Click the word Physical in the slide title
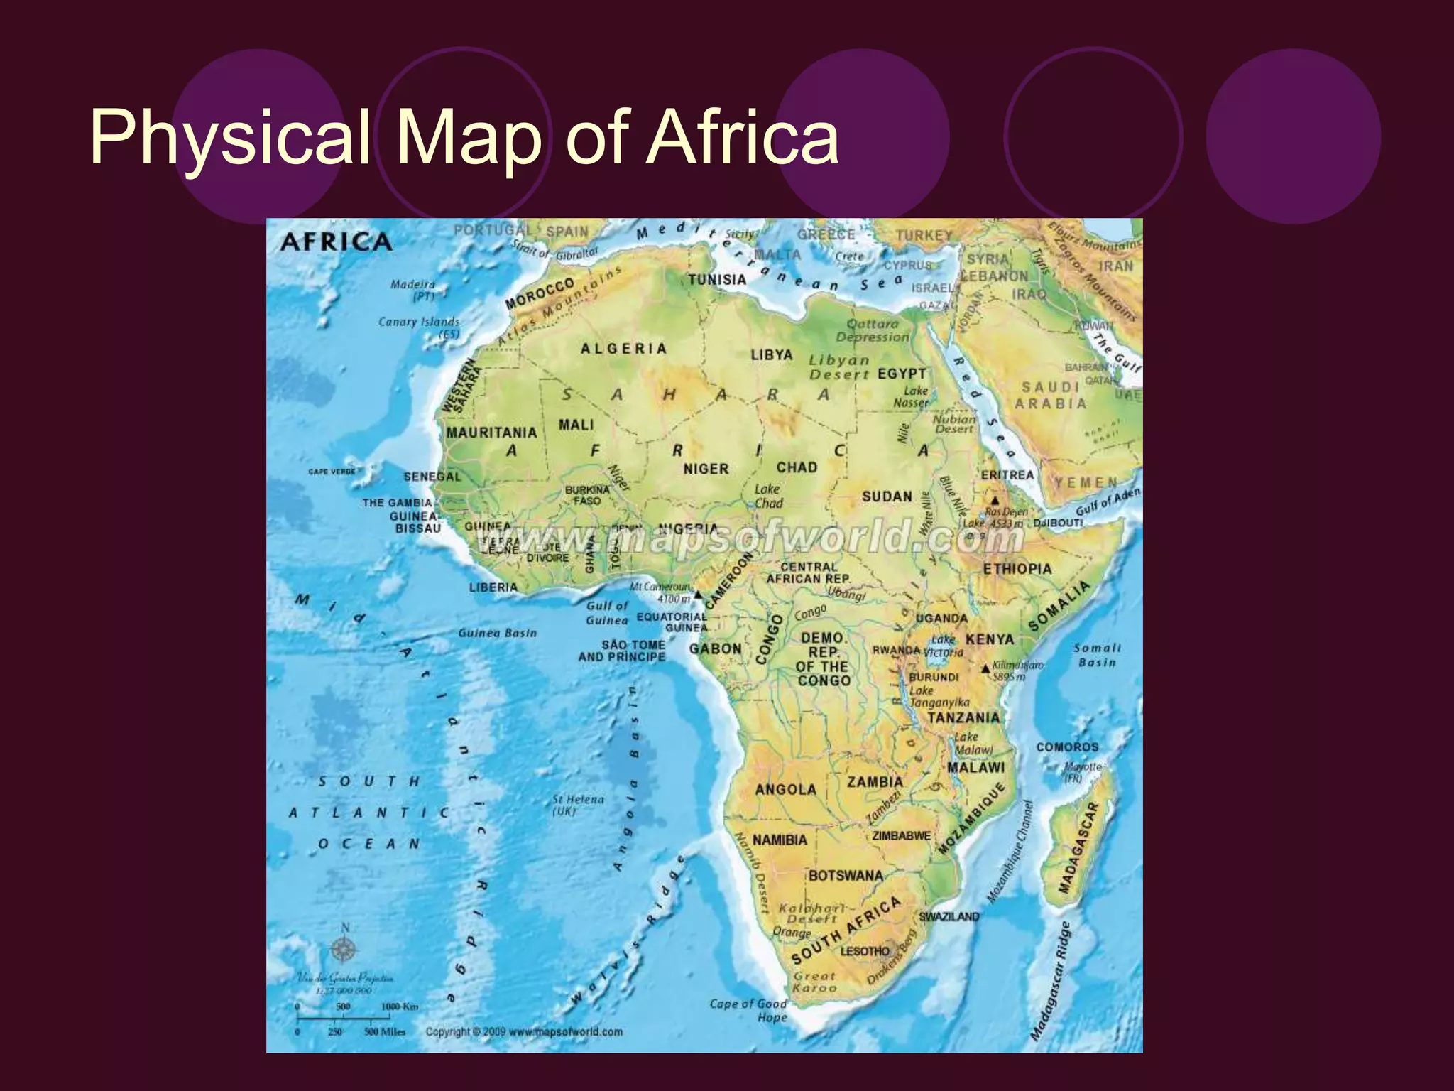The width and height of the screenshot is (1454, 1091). pyautogui.click(x=229, y=136)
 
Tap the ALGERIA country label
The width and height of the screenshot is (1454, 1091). pyautogui.click(x=624, y=349)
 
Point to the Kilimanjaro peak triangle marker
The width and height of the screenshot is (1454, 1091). pyautogui.click(x=985, y=668)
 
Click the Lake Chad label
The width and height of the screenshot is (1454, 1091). pyautogui.click(x=767, y=496)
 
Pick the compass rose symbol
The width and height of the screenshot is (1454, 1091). pyautogui.click(x=344, y=948)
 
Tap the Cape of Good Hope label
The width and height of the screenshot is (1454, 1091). pyautogui.click(x=748, y=1010)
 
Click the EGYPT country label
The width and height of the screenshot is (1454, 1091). pyautogui.click(x=902, y=374)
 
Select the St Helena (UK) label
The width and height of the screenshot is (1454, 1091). pyautogui.click(x=578, y=805)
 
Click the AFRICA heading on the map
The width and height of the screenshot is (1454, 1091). pyautogui.click(x=336, y=242)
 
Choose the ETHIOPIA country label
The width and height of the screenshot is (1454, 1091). pyautogui.click(x=1017, y=569)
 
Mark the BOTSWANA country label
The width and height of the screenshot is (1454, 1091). pyautogui.click(x=846, y=876)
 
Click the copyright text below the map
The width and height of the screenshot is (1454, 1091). pyautogui.click(x=524, y=1031)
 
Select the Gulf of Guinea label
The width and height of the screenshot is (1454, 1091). pyautogui.click(x=607, y=612)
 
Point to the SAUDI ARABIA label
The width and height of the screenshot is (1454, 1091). pyautogui.click(x=1051, y=395)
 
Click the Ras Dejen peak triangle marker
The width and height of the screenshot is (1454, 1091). pyautogui.click(x=995, y=501)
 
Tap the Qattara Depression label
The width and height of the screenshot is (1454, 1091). pyautogui.click(x=873, y=330)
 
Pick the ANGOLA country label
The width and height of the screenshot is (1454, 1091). pyautogui.click(x=786, y=789)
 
